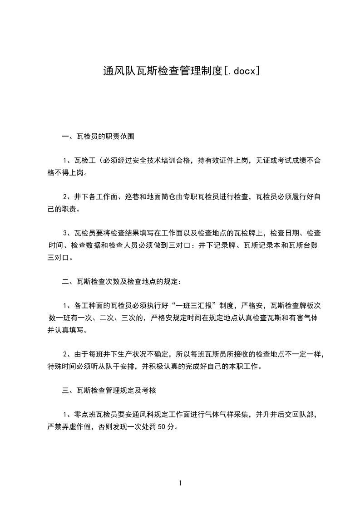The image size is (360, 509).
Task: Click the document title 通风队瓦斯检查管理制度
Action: tap(163, 71)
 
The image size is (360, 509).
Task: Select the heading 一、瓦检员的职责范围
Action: tap(98, 136)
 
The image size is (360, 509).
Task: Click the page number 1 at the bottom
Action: tap(180, 483)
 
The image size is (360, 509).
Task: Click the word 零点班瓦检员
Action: tap(95, 414)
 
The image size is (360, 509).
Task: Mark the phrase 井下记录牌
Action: tap(217, 245)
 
